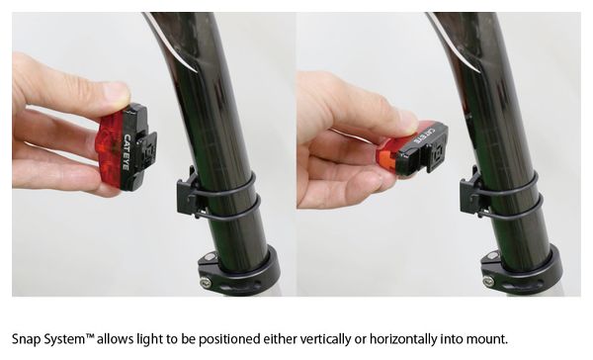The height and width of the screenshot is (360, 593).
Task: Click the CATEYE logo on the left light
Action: [127, 152]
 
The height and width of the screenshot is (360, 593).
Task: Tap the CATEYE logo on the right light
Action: [425, 135]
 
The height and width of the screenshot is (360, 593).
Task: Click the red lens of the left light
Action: [111, 150]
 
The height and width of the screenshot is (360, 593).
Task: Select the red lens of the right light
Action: [387, 156]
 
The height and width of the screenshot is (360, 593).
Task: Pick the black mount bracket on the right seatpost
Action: [470, 194]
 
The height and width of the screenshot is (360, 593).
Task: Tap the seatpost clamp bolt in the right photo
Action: [488, 281]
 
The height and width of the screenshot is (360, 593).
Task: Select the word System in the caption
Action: [68, 339]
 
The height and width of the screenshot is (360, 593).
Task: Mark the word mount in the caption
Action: [486, 339]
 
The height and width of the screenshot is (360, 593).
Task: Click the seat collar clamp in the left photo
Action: [238, 270]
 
